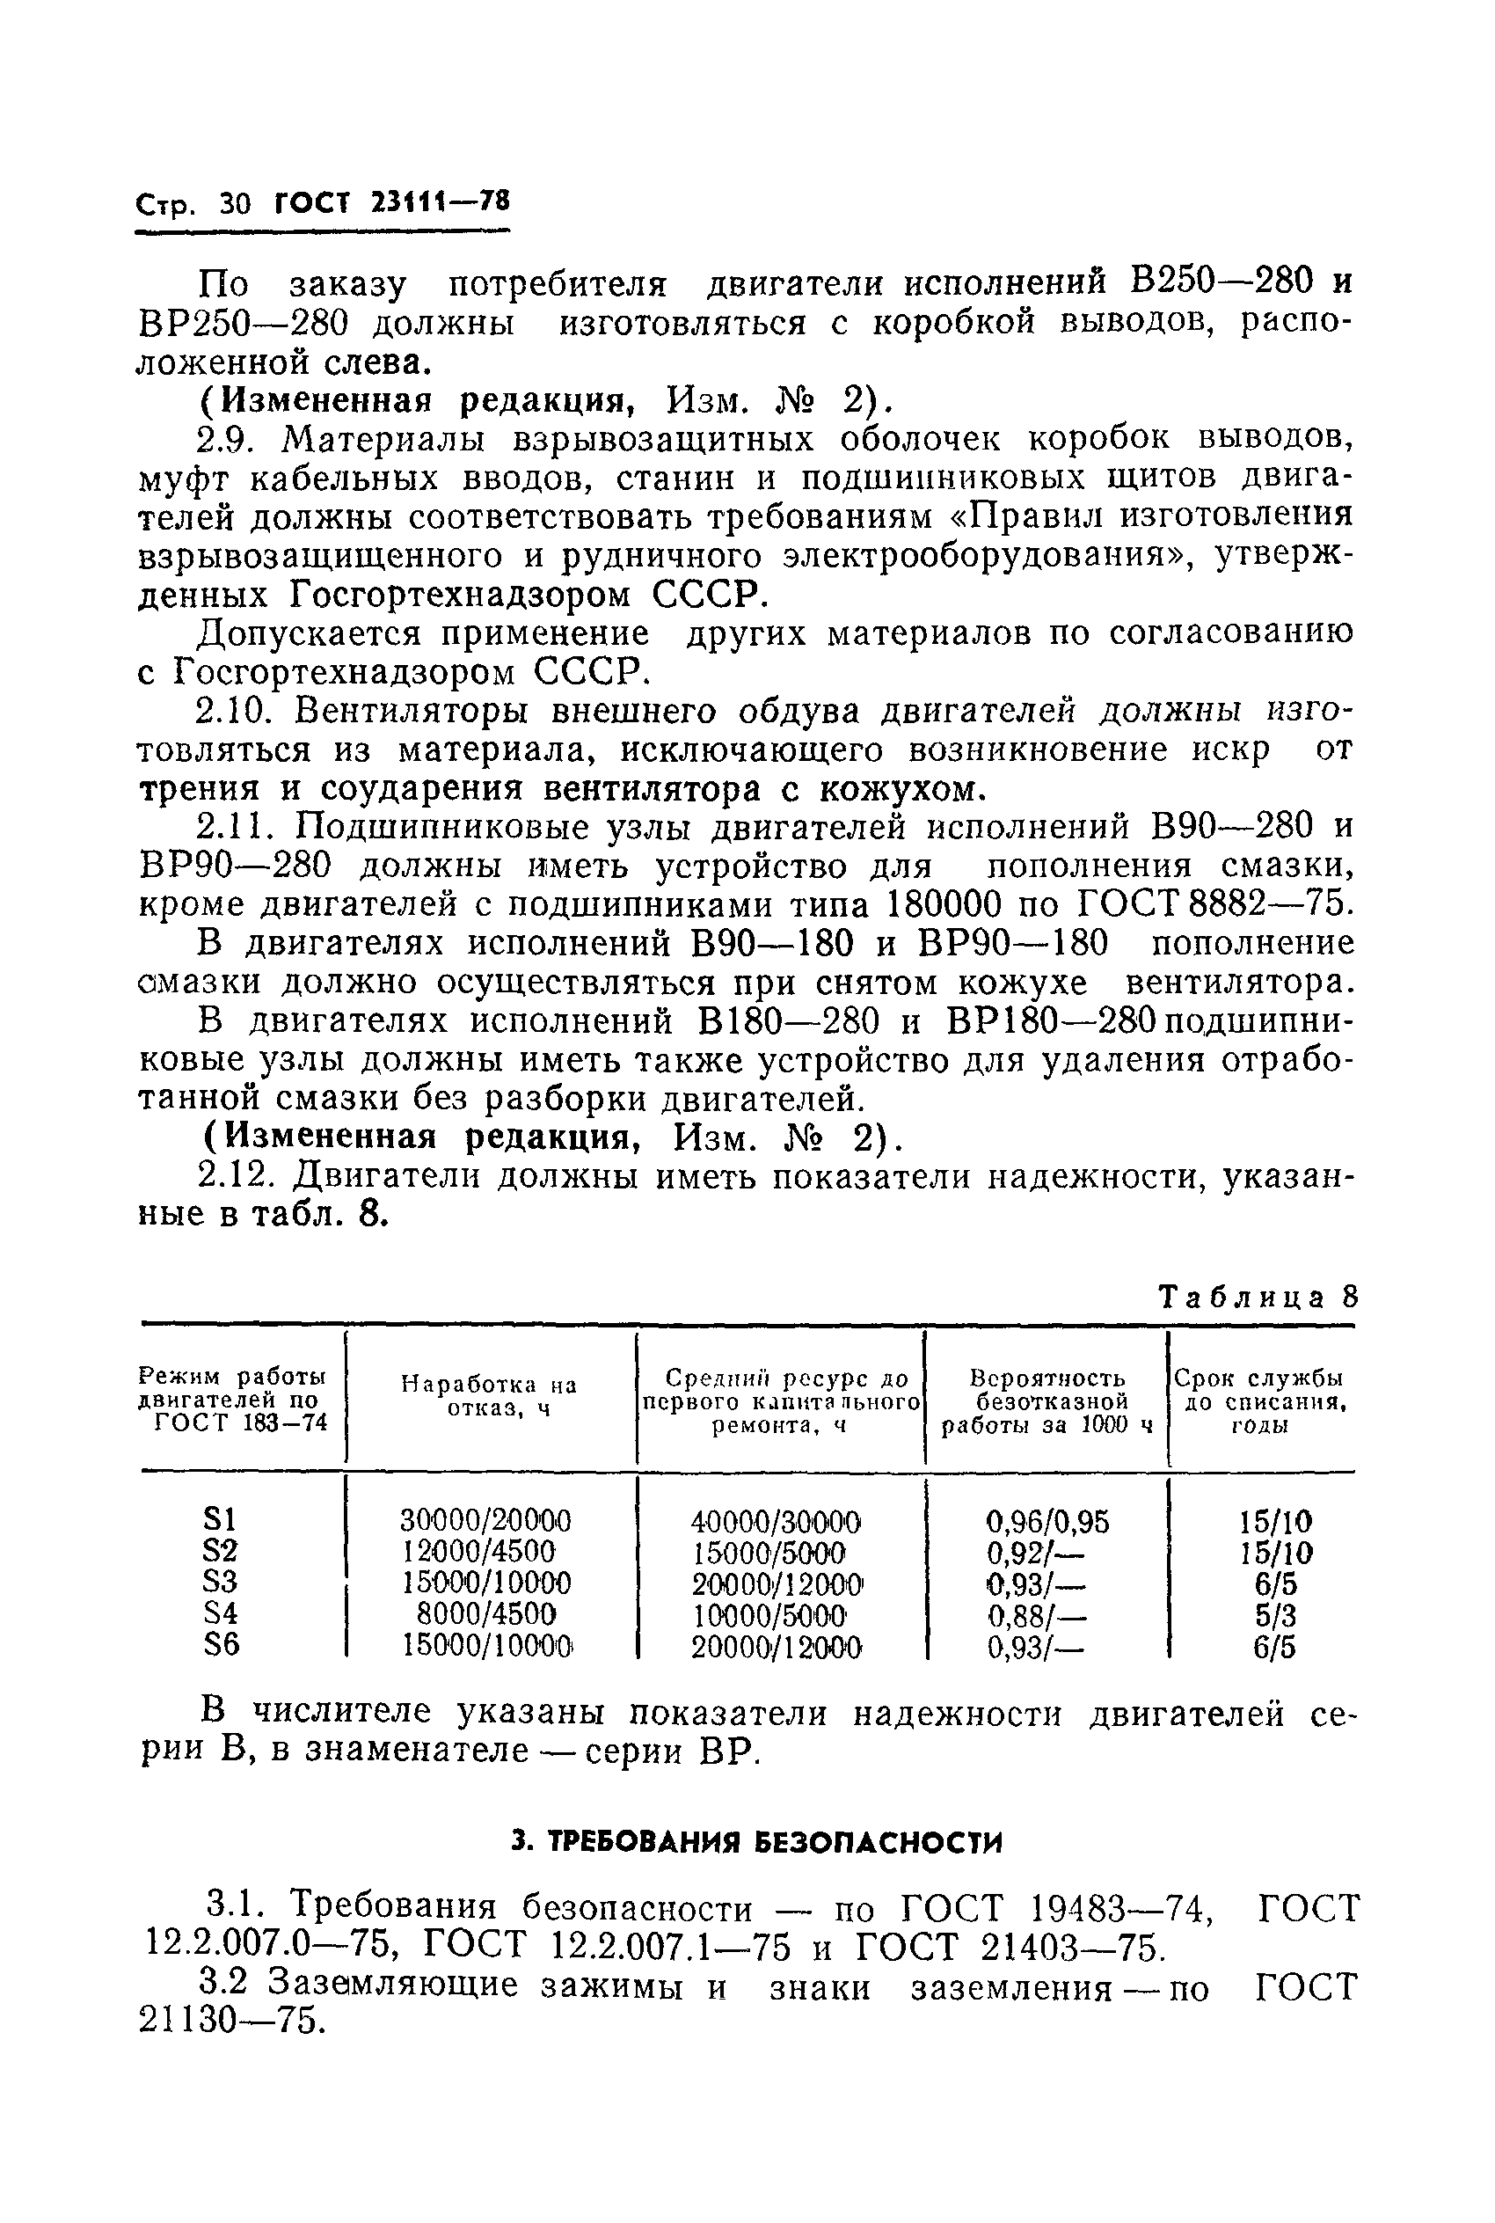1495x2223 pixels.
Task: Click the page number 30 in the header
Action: (235, 204)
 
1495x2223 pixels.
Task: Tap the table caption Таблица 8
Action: (1257, 1298)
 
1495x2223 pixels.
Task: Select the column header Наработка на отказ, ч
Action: (490, 1395)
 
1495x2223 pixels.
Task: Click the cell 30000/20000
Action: (486, 1520)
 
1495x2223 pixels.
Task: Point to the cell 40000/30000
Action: (777, 1520)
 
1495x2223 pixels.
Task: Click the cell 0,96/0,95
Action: (1046, 1520)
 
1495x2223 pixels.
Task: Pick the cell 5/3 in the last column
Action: (1276, 1615)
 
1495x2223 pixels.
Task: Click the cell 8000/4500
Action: (486, 1614)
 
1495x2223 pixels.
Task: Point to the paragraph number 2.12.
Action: (234, 1177)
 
